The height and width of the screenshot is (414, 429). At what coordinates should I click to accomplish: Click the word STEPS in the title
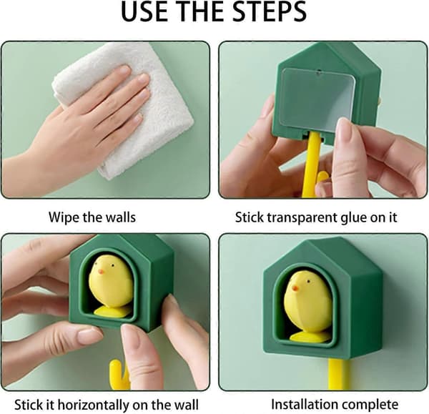click(270, 11)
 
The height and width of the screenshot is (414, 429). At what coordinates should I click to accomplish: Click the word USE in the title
click(144, 11)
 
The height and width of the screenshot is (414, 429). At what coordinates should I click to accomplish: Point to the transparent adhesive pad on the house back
click(317, 99)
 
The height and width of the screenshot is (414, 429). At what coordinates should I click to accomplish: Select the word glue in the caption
click(353, 218)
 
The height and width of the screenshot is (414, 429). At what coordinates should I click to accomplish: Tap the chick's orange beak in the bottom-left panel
click(101, 272)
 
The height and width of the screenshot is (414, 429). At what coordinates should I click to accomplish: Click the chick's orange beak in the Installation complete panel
click(295, 288)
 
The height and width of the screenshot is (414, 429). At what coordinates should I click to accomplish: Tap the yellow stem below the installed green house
click(339, 374)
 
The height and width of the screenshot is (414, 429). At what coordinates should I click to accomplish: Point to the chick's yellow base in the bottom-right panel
click(310, 337)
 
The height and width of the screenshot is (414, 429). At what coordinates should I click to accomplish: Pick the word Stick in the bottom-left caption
click(24, 405)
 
